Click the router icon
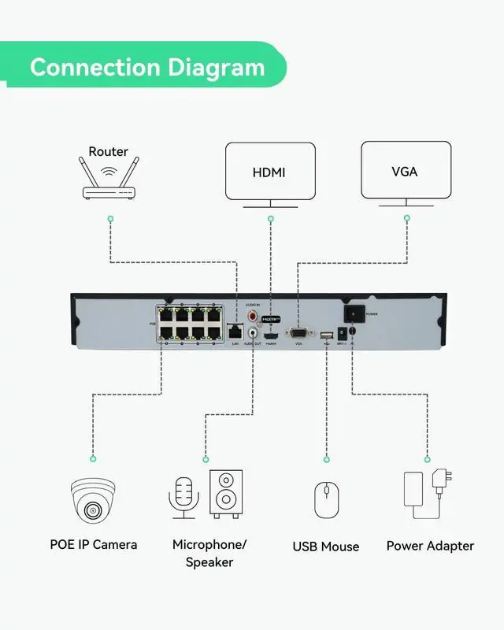(109, 180)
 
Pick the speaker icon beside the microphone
(226, 494)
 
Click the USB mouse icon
(326, 499)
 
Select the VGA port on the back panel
(298, 332)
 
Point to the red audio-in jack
(254, 316)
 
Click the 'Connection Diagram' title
(147, 66)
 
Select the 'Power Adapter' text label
(430, 546)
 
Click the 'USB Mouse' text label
(326, 547)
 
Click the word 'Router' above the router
(109, 151)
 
